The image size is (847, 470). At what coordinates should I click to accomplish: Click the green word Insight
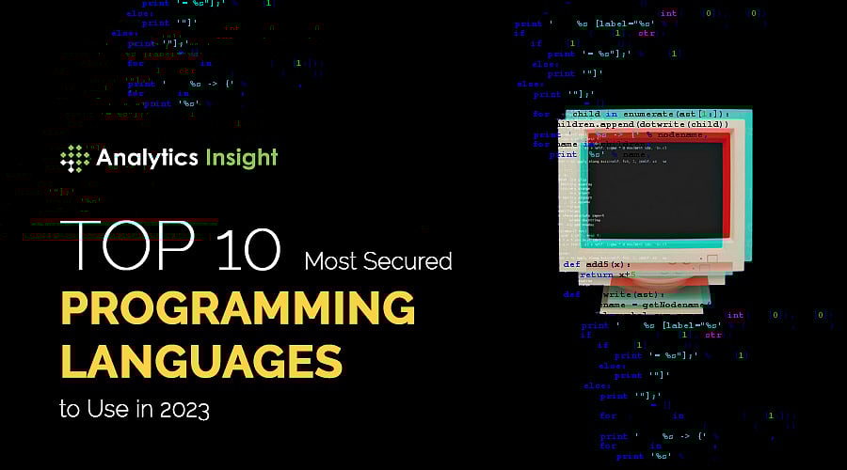coord(236,157)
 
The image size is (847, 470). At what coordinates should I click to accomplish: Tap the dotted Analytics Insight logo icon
coord(74,158)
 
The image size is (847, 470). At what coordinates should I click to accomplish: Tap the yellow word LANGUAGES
coord(201,362)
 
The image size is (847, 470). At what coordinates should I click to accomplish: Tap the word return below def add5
coord(599,275)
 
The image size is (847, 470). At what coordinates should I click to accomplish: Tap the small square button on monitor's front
coord(711,256)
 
